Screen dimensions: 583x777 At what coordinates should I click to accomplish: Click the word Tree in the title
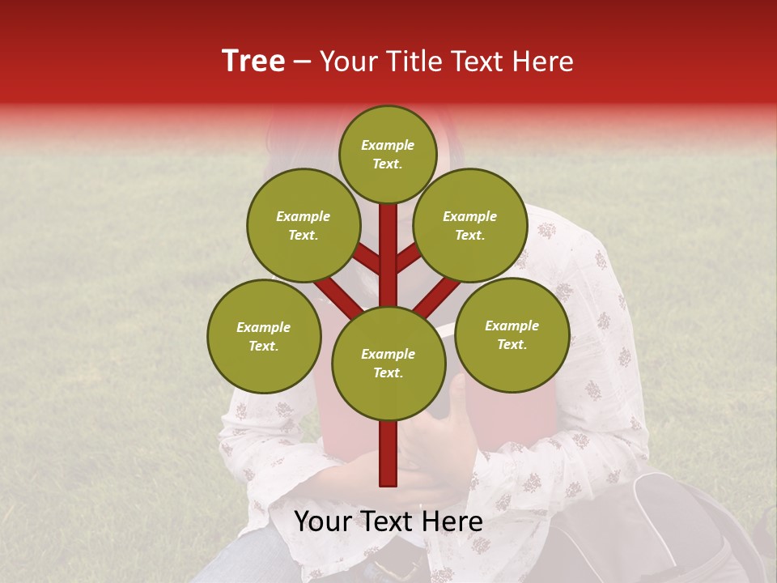253,62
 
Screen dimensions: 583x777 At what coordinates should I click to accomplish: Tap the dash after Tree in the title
303,62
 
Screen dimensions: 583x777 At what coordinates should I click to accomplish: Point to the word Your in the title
349,62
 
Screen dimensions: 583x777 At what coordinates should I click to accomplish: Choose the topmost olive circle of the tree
388,154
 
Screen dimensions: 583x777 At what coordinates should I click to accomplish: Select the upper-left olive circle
303,225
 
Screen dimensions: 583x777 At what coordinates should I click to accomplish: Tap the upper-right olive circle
469,225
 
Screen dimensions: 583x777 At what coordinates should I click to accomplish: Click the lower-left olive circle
263,336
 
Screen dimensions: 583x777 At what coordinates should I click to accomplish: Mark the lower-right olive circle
512,334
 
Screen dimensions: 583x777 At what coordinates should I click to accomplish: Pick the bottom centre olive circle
388,363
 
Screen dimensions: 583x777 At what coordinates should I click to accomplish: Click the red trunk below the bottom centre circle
388,453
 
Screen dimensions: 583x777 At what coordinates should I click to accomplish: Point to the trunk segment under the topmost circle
388,243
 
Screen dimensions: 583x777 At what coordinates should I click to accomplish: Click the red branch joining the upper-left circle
367,259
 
